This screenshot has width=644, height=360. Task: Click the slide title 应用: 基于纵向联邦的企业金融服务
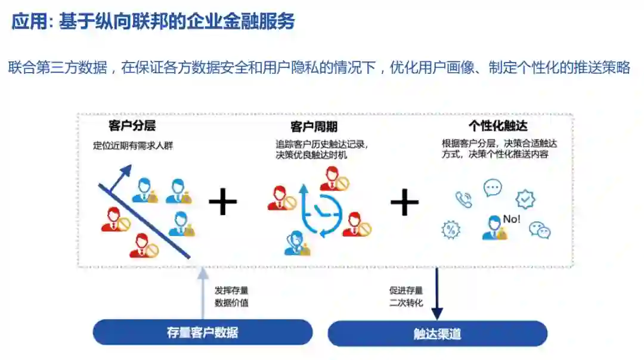click(153, 23)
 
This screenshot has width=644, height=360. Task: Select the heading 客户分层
click(132, 126)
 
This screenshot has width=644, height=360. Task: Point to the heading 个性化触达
click(498, 126)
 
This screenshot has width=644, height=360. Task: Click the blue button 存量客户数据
click(203, 332)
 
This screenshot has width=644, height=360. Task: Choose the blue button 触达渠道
click(437, 334)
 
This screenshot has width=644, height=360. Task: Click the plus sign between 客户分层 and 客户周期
click(223, 203)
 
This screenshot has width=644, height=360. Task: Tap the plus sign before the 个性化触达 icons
click(404, 203)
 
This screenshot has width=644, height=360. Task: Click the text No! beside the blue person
click(512, 219)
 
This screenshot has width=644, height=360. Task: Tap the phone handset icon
click(463, 199)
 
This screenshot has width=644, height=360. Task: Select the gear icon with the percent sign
click(450, 229)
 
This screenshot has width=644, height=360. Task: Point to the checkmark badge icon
click(525, 199)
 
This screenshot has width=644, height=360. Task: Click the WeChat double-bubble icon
click(540, 229)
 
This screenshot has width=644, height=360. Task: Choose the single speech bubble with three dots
click(493, 188)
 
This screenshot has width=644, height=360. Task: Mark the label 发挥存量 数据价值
click(231, 296)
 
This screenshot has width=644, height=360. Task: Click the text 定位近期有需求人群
click(133, 145)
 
